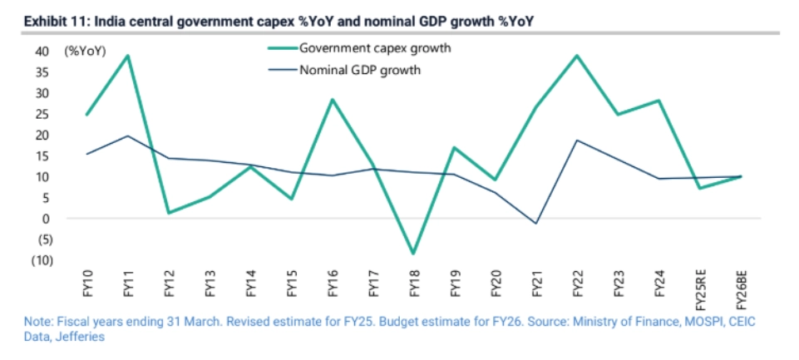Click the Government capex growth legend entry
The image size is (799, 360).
pos(375,48)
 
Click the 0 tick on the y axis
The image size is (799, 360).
pos(47,219)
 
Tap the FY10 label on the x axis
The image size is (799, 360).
pos(89,285)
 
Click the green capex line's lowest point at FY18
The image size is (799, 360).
pos(414,253)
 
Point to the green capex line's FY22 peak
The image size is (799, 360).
pos(577,56)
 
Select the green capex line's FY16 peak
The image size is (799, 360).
pos(333,100)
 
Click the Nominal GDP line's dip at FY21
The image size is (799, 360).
pos(536,224)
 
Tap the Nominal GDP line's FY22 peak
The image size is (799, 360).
pos(577,140)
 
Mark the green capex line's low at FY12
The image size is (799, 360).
pos(170,213)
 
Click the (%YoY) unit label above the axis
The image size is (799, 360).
pos(86,51)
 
